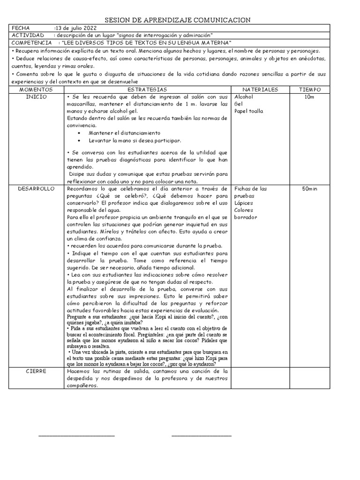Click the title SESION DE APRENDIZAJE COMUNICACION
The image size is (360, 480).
click(x=177, y=20)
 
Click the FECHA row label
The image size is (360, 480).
click(x=21, y=28)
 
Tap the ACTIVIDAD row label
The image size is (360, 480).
click(x=28, y=36)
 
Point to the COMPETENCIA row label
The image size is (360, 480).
click(x=31, y=43)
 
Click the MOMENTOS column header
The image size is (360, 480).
click(x=36, y=89)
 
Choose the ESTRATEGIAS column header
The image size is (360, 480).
click(x=147, y=89)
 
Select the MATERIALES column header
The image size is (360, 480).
click(x=260, y=89)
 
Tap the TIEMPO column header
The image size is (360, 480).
click(x=310, y=89)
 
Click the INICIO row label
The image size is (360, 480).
click(x=36, y=96)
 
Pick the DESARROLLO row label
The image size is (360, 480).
click(x=36, y=188)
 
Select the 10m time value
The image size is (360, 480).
click(x=309, y=96)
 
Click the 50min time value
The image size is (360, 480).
click(x=310, y=188)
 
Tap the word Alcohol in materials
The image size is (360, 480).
click(x=243, y=96)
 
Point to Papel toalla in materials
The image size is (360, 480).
click(x=248, y=111)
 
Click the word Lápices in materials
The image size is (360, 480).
click(x=243, y=203)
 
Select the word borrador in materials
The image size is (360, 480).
click(x=246, y=217)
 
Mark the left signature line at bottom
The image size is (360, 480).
click(x=76, y=436)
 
